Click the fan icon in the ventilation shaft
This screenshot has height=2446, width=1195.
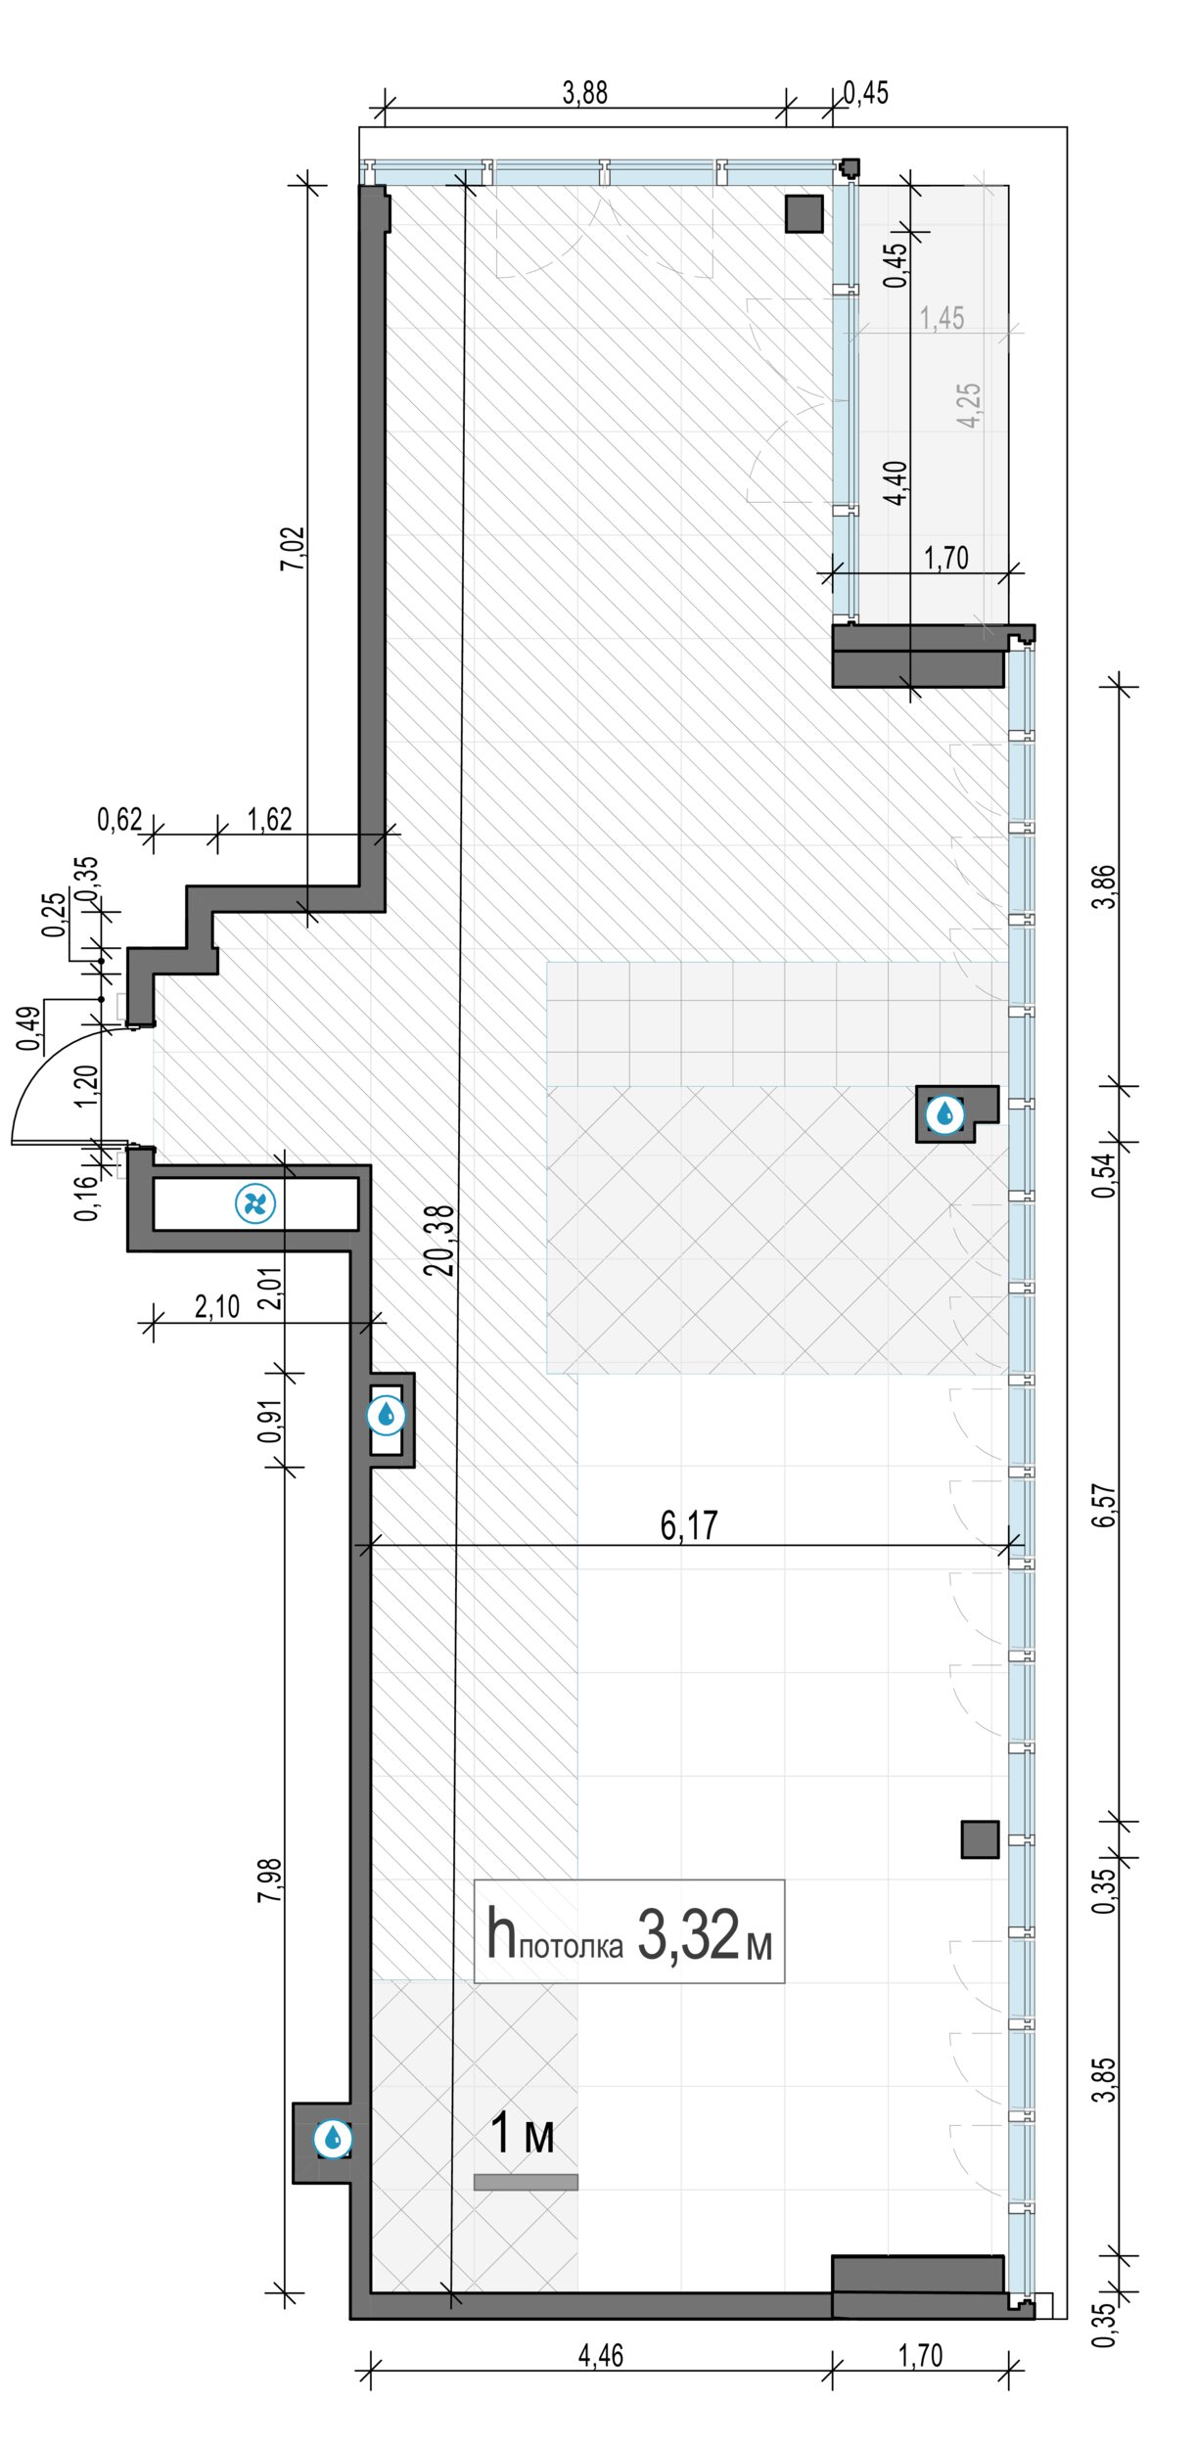[x=255, y=1203]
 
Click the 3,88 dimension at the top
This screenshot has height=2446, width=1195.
[x=585, y=93]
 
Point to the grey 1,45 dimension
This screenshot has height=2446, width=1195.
[x=942, y=318]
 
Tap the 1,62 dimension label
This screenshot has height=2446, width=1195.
[x=269, y=819]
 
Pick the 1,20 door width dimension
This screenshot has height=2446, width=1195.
[x=85, y=1084]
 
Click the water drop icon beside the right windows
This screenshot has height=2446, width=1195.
[x=945, y=1113]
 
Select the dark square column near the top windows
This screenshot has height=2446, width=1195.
[x=804, y=213]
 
